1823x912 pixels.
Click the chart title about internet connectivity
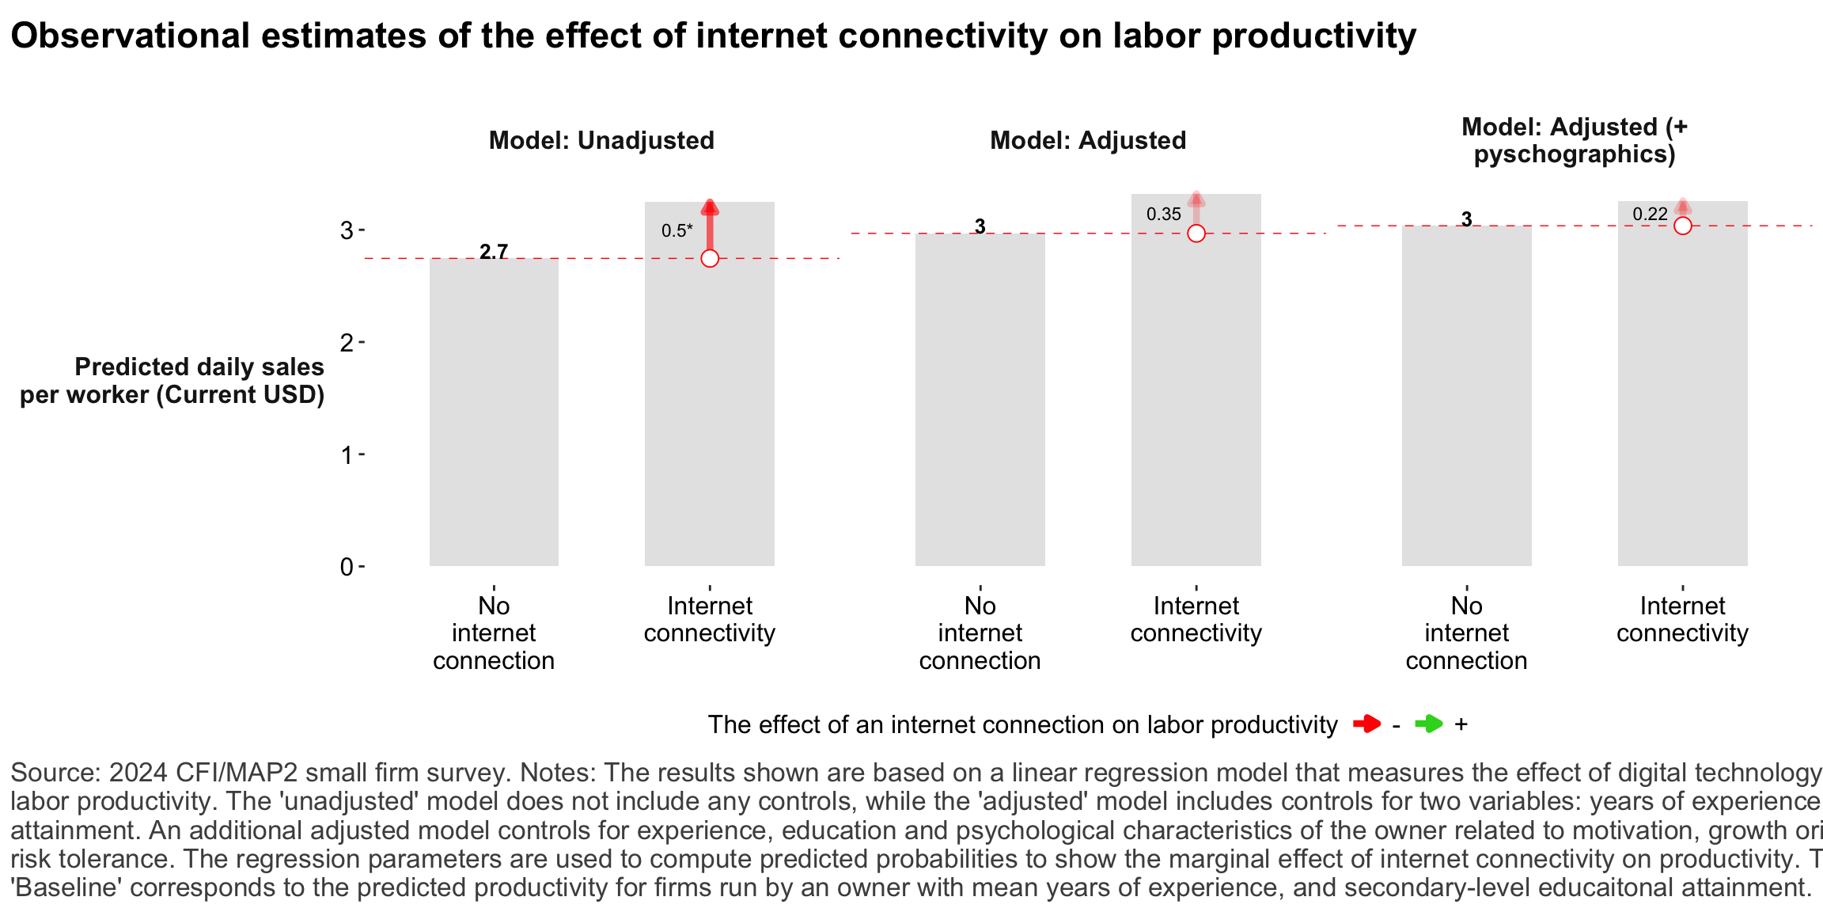pos(712,36)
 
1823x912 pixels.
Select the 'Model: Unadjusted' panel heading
pos(601,140)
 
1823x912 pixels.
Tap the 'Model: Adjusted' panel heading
pos(1088,140)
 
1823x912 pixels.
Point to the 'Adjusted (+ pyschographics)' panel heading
pos(1574,140)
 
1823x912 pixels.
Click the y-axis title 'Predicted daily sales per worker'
pos(172,381)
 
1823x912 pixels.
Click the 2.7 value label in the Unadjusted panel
pos(494,252)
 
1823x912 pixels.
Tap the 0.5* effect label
pos(677,230)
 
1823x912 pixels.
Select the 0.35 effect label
pos(1163,214)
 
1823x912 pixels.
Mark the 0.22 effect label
pos(1650,214)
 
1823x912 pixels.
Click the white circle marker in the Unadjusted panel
pos(710,258)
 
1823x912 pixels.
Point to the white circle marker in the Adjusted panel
pos(1196,234)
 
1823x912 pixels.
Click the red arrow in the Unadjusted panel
pos(710,226)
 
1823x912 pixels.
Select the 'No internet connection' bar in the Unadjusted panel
pos(494,412)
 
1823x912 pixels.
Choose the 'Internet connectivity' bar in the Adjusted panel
pos(1196,396)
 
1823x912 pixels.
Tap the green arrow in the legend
pos(1428,724)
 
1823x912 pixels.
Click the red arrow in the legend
pos(1366,724)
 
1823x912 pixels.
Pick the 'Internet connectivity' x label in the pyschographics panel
pos(1682,619)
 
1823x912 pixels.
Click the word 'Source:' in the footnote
pos(55,773)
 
